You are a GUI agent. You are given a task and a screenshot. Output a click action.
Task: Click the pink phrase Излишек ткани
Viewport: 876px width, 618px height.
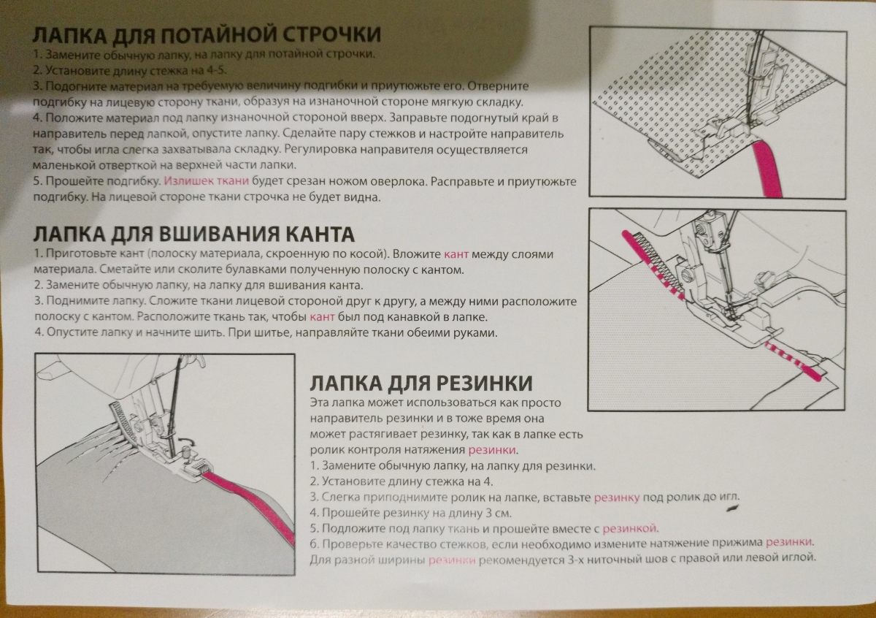pos(206,181)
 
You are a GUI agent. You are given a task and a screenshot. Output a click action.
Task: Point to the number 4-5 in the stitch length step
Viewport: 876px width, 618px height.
pos(215,70)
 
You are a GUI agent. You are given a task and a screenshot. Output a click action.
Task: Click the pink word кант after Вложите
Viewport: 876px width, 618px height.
pos(456,254)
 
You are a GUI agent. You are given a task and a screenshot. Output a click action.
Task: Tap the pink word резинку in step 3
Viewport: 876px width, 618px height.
pos(617,497)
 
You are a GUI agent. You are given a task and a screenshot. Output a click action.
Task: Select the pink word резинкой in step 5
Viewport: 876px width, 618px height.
pos(629,529)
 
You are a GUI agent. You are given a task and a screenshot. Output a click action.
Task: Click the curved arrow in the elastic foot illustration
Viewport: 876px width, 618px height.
pos(188,441)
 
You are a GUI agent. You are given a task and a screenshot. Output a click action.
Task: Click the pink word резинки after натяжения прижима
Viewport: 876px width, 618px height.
pos(789,543)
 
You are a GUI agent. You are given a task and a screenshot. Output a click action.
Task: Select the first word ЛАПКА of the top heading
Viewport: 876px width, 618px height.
pos(69,35)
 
